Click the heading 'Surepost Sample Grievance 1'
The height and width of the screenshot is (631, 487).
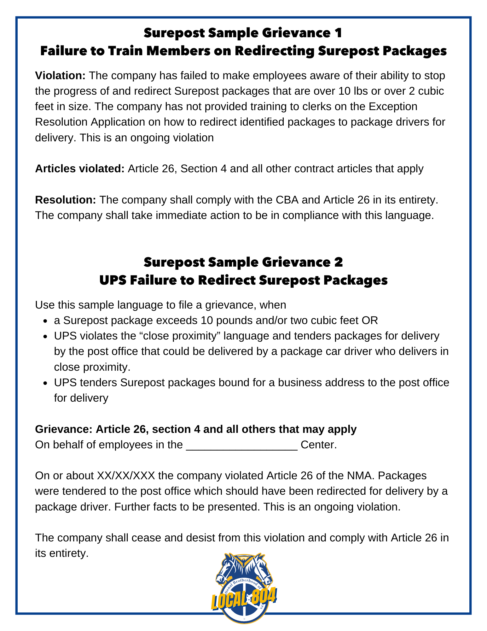[243, 33]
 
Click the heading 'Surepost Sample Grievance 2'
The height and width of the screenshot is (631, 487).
[243, 262]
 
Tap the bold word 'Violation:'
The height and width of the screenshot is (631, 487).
[60, 76]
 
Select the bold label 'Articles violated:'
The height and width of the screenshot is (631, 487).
[80, 169]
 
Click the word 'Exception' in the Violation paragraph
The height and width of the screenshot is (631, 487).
[393, 107]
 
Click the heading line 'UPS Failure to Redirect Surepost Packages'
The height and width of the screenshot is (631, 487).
[243, 280]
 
